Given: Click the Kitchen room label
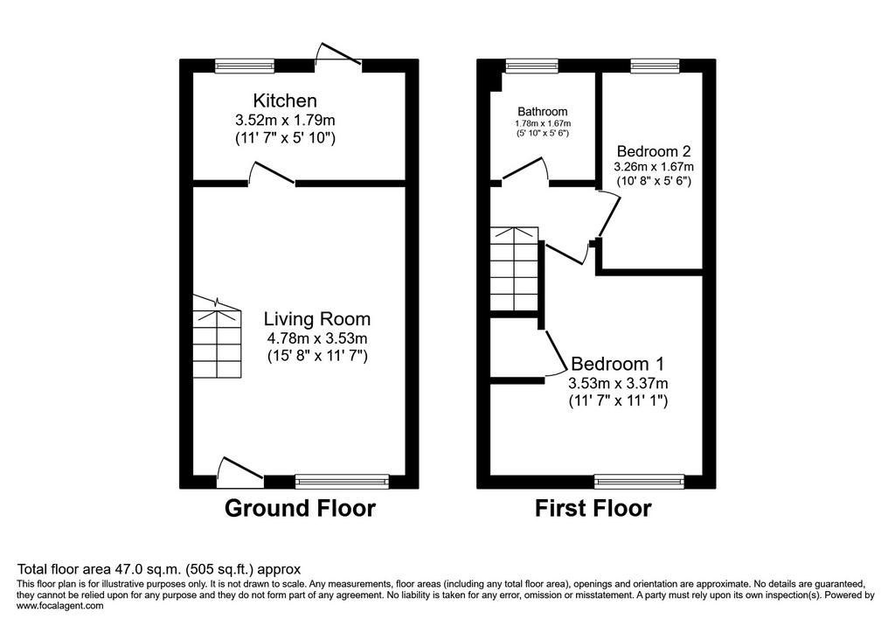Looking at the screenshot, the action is point(285,101).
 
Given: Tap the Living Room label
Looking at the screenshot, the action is point(316,319).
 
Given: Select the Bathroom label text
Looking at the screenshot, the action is point(542,112).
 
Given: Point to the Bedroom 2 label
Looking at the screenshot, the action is point(654,151).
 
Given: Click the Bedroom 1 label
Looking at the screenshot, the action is point(618,364).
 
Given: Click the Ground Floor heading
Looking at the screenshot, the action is point(301,508).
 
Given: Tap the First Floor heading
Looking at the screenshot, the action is point(593,508).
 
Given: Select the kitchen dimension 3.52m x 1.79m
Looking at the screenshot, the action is point(285,120).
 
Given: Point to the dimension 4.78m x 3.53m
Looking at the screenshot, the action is point(316,337).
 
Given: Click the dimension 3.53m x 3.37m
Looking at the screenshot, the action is point(618,383).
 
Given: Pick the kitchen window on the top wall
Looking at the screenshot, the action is point(245,66).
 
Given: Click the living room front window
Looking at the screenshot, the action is point(342,482).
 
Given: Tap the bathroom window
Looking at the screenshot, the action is point(531,66).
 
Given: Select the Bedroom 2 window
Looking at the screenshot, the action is point(655,66).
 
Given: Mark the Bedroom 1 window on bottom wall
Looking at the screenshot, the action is point(639,482).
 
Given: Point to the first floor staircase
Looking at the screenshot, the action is point(514,269).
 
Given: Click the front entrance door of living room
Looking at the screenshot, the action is point(240,472).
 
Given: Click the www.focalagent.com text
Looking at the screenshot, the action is point(60,605).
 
